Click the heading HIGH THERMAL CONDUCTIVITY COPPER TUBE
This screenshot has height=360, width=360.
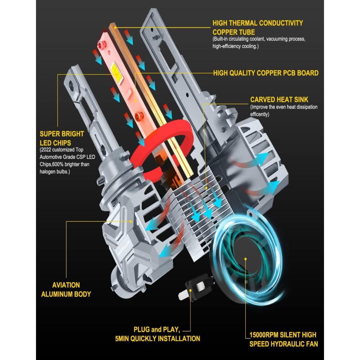[258, 28]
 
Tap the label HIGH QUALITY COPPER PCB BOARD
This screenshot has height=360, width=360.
[266, 73]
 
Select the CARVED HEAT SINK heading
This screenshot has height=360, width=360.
[279, 100]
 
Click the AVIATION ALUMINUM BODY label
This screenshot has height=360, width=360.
[66, 290]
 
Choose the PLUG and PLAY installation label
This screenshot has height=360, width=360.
[158, 334]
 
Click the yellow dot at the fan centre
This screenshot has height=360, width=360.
[246, 259]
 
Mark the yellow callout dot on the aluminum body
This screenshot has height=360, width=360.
[131, 222]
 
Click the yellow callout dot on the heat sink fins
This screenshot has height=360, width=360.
[206, 188]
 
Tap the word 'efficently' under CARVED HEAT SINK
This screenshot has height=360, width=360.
[260, 114]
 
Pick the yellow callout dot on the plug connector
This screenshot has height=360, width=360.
[190, 290]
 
